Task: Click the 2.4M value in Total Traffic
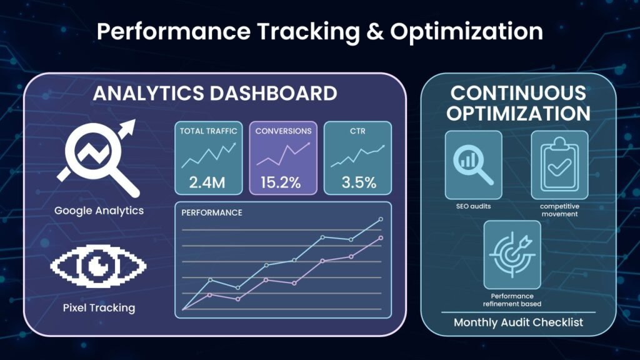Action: (x=207, y=182)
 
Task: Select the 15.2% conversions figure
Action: (x=281, y=182)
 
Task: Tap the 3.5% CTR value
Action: (x=359, y=182)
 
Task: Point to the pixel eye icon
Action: (x=98, y=266)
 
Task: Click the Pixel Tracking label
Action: (x=99, y=307)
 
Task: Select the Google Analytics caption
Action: (x=99, y=211)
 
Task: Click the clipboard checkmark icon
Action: (x=559, y=165)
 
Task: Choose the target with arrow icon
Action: (x=512, y=255)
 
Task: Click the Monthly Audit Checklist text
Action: (x=518, y=322)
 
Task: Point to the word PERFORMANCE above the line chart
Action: (x=212, y=212)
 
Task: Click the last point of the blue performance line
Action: (x=381, y=219)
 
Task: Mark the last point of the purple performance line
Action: (x=381, y=237)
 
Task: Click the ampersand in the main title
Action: (x=375, y=32)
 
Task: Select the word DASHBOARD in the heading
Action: (x=274, y=94)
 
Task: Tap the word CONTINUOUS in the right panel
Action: (x=518, y=93)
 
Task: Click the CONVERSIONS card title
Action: (x=283, y=131)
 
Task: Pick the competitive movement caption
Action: (x=559, y=210)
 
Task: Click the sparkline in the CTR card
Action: (x=357, y=156)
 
